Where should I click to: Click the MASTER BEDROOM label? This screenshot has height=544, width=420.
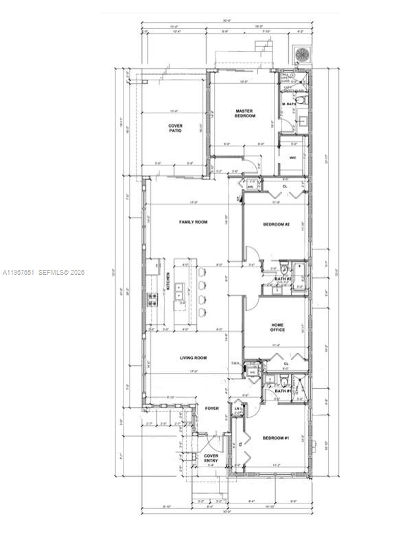click(245, 113)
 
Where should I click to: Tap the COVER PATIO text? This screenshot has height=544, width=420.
click(176, 128)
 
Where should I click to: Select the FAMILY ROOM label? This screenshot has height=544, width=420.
click(193, 222)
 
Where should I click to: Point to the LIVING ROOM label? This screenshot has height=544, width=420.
click(194, 357)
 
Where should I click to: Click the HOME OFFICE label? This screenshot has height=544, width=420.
click(277, 328)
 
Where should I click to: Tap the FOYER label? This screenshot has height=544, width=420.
click(212, 408)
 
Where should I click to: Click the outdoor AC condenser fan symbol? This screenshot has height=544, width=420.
click(301, 56)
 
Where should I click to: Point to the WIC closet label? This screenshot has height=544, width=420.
click(293, 157)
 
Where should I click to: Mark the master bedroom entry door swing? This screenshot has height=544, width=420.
click(255, 165)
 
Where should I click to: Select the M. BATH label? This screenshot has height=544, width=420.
click(288, 104)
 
